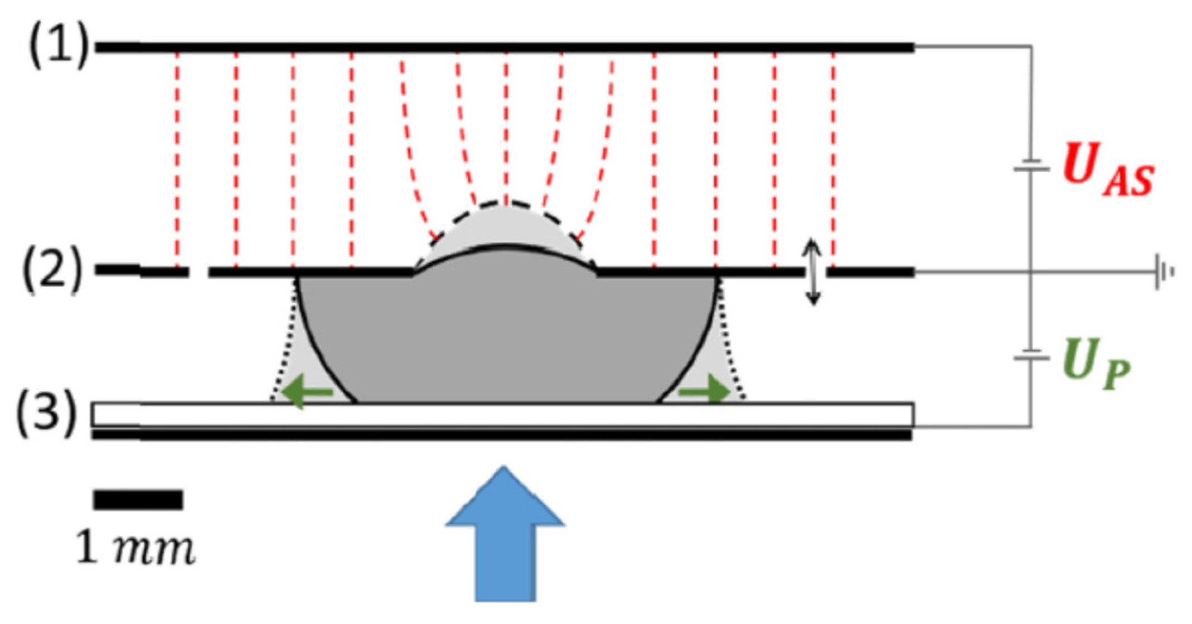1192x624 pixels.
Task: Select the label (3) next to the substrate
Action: pos(46,413)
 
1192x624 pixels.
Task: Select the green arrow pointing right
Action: pos(704,390)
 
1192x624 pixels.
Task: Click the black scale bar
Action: pos(138,500)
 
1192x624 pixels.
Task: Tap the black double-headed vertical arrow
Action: pos(813,272)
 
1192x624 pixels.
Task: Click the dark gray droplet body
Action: pos(505,335)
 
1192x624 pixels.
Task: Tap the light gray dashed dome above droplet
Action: pos(505,226)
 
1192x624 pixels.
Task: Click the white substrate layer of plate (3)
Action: pos(502,414)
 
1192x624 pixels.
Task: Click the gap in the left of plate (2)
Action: pos(198,272)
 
